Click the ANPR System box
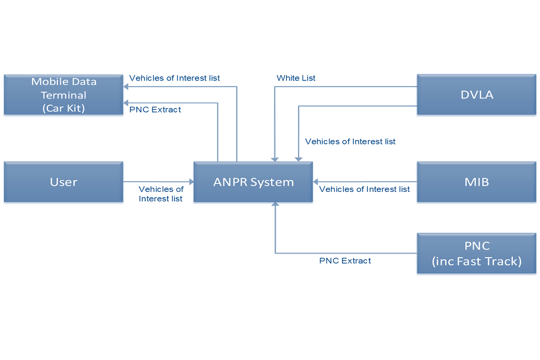click(x=253, y=182)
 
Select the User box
click(x=64, y=182)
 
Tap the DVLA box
click(x=476, y=94)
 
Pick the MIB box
click(x=476, y=182)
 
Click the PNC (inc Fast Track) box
click(x=476, y=254)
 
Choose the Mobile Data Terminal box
click(x=64, y=94)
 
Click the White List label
click(x=296, y=78)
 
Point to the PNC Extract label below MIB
click(x=345, y=260)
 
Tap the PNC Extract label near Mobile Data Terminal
click(x=155, y=110)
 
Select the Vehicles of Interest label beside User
click(x=160, y=194)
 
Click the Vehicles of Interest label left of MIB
click(x=364, y=190)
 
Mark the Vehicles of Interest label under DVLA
click(x=350, y=142)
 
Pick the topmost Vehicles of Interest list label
click(x=174, y=78)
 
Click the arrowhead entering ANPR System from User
click(x=191, y=182)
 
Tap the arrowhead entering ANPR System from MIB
click(x=316, y=182)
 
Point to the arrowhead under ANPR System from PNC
click(x=275, y=205)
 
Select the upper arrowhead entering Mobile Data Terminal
click(x=127, y=87)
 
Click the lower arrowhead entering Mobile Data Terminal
click(x=127, y=103)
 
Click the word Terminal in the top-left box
click(x=64, y=95)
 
